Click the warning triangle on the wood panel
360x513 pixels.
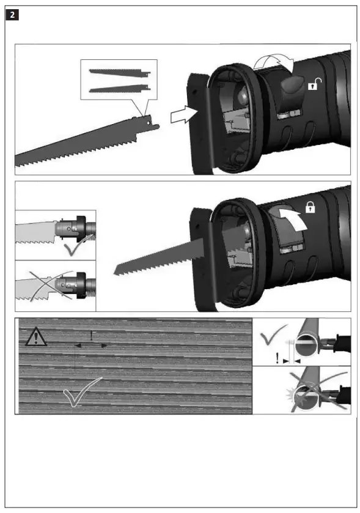tap(36, 338)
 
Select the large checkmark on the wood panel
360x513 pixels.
tap(82, 393)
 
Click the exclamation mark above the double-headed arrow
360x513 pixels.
tap(92, 335)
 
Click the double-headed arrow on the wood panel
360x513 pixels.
tap(92, 345)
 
